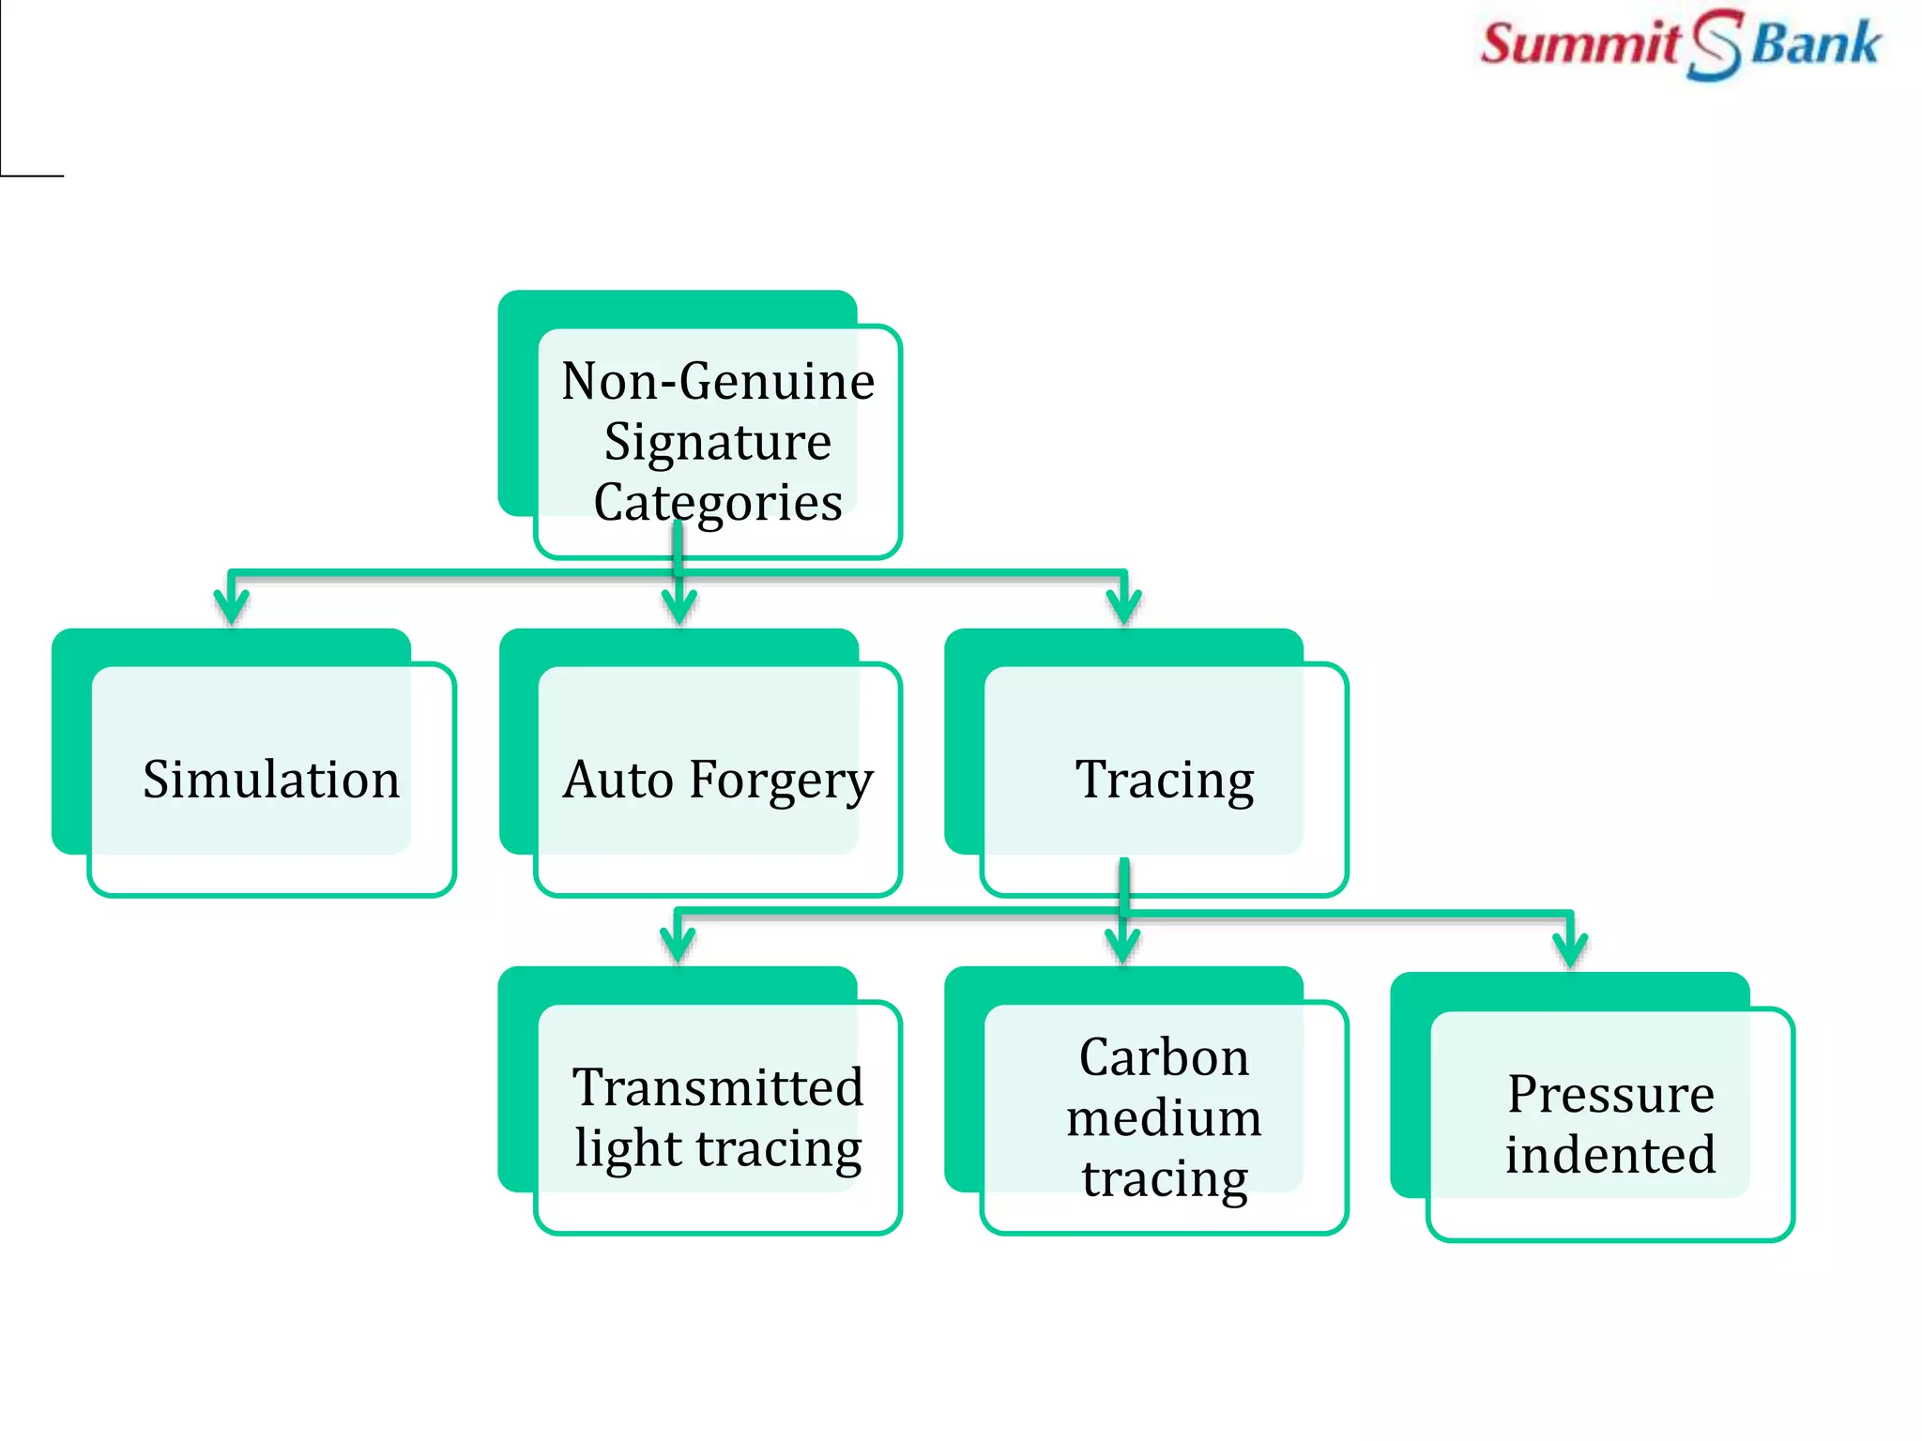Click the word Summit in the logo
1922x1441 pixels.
[x=1580, y=44]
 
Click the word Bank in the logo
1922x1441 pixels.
[x=1816, y=44]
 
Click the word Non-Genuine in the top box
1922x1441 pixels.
[x=718, y=382]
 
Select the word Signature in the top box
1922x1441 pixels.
[x=718, y=442]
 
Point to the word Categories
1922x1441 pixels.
[x=718, y=502]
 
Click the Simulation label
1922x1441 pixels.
[x=271, y=780]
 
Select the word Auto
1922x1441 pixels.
[x=618, y=780]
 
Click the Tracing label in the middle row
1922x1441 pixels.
[x=1165, y=780]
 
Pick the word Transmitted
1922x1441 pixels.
[x=718, y=1087]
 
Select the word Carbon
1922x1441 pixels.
[x=1164, y=1057]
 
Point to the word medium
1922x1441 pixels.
[x=1164, y=1117]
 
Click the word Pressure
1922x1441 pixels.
[x=1610, y=1094]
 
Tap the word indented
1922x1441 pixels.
[x=1610, y=1154]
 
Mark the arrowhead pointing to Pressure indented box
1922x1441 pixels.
[x=1570, y=949]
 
